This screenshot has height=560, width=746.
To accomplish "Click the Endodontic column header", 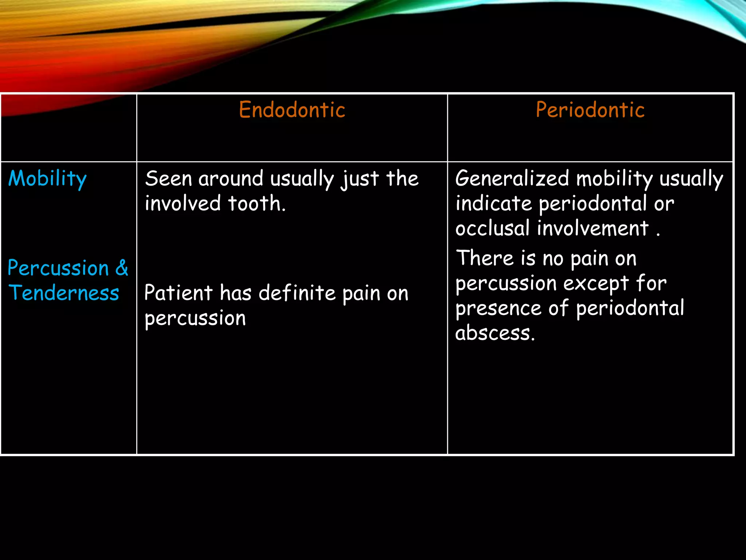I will point(292,110).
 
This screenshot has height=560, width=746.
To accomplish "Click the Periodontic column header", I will point(590,110).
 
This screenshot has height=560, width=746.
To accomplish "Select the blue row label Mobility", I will point(47,179).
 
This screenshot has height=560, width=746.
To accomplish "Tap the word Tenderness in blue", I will point(64,293).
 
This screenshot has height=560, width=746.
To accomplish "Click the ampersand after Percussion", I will point(122,268).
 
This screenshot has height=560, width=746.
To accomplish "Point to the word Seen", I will point(168,179).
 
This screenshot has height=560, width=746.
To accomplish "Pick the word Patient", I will point(178,293).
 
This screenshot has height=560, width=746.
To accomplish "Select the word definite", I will point(297,293).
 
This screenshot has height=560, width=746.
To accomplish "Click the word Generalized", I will point(512,179).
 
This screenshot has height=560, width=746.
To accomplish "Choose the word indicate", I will point(494,203).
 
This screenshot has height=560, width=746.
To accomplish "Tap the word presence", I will point(498,309).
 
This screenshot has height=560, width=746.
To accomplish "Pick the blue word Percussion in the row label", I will point(58,268).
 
